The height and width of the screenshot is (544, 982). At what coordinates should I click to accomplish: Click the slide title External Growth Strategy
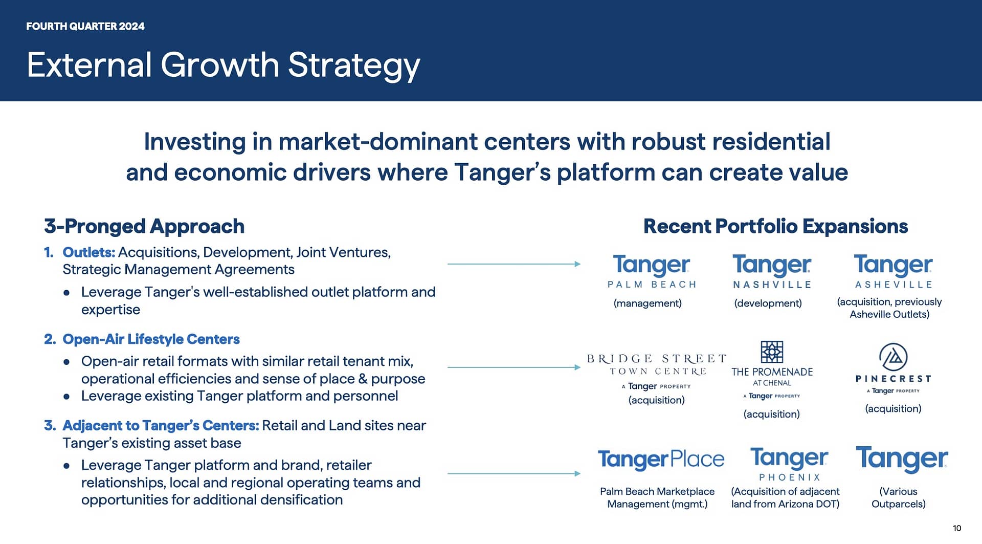[224, 66]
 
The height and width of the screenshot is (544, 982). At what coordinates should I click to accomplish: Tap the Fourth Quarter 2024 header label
[85, 27]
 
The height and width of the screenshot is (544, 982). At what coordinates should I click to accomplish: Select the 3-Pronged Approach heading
[144, 226]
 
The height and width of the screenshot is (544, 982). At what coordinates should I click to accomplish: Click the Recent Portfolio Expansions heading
[775, 226]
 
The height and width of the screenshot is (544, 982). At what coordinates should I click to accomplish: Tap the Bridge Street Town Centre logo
[657, 372]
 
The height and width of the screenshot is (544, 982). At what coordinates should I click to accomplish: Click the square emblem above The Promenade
[772, 352]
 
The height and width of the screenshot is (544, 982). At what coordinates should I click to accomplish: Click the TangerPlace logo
[661, 460]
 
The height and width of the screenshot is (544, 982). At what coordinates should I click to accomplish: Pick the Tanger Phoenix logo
[789, 464]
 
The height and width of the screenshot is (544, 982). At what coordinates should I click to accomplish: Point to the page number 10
[957, 528]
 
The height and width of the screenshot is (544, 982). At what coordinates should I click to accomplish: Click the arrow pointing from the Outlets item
[514, 264]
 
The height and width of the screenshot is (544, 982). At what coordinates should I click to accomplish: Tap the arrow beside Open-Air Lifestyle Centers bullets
[514, 367]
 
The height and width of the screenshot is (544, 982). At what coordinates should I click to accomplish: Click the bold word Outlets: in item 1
[89, 252]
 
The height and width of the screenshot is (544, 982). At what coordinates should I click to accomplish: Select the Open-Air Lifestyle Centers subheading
[151, 339]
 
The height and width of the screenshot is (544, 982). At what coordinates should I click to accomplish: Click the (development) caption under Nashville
[768, 303]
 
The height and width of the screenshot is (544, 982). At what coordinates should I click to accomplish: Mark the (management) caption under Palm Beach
[648, 303]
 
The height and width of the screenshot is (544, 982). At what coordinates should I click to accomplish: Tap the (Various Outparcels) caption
[899, 497]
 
